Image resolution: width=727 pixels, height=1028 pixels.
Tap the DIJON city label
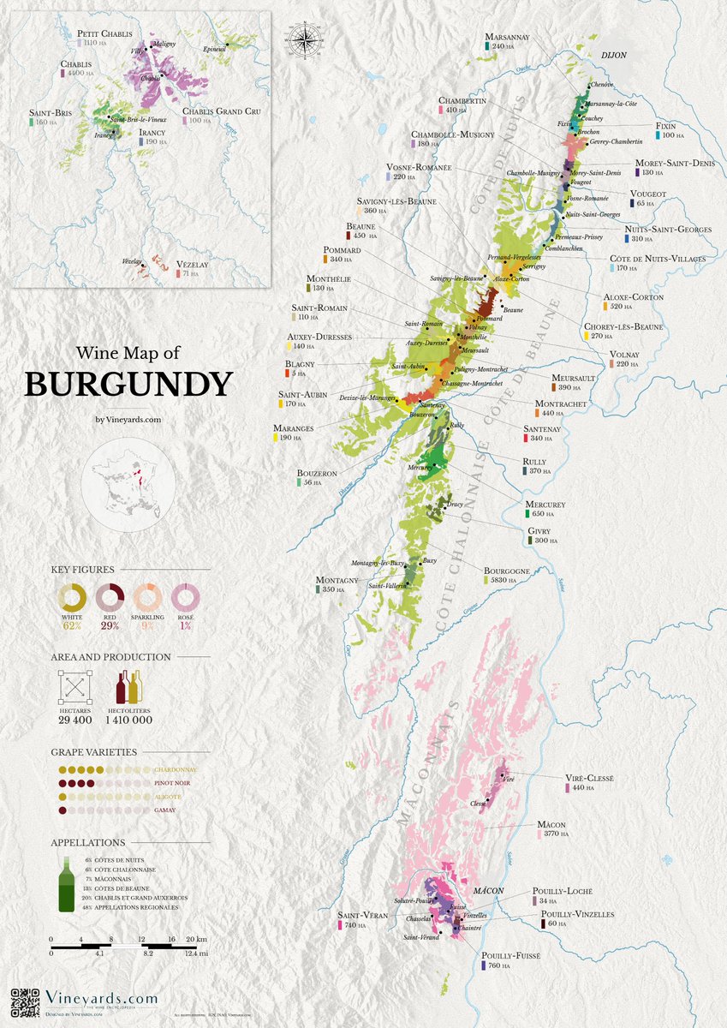(x=615, y=53)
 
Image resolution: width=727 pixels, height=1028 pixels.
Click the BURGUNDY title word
(x=128, y=384)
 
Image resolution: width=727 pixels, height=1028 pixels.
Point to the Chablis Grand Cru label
(x=221, y=111)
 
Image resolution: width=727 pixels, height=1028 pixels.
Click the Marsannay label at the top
(x=507, y=37)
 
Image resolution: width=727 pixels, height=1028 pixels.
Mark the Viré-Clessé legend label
(x=589, y=778)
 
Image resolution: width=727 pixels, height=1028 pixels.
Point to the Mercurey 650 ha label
(x=544, y=505)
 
